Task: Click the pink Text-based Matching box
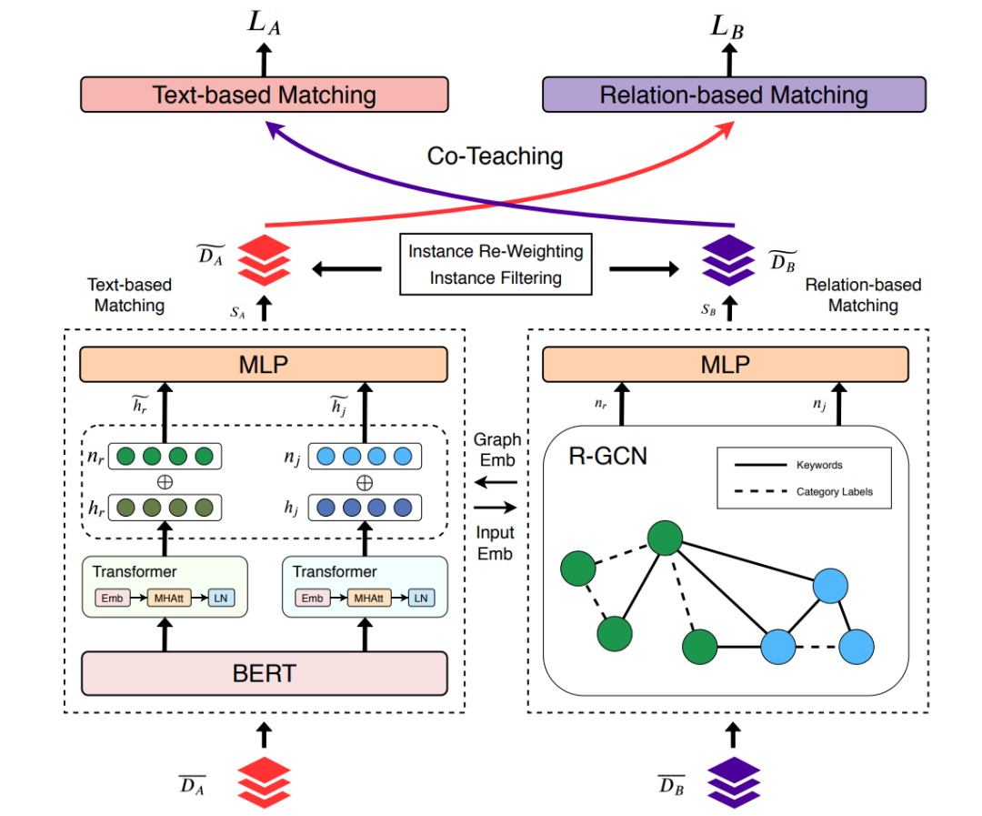click(265, 95)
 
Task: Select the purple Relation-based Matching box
click(734, 95)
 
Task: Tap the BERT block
click(265, 674)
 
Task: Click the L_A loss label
click(265, 24)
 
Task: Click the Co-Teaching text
click(495, 156)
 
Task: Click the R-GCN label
click(609, 455)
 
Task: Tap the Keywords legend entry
click(819, 465)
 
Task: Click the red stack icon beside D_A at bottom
click(264, 781)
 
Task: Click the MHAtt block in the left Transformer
click(165, 598)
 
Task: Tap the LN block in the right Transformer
click(419, 598)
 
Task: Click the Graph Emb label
click(496, 448)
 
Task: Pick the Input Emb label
click(496, 543)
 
